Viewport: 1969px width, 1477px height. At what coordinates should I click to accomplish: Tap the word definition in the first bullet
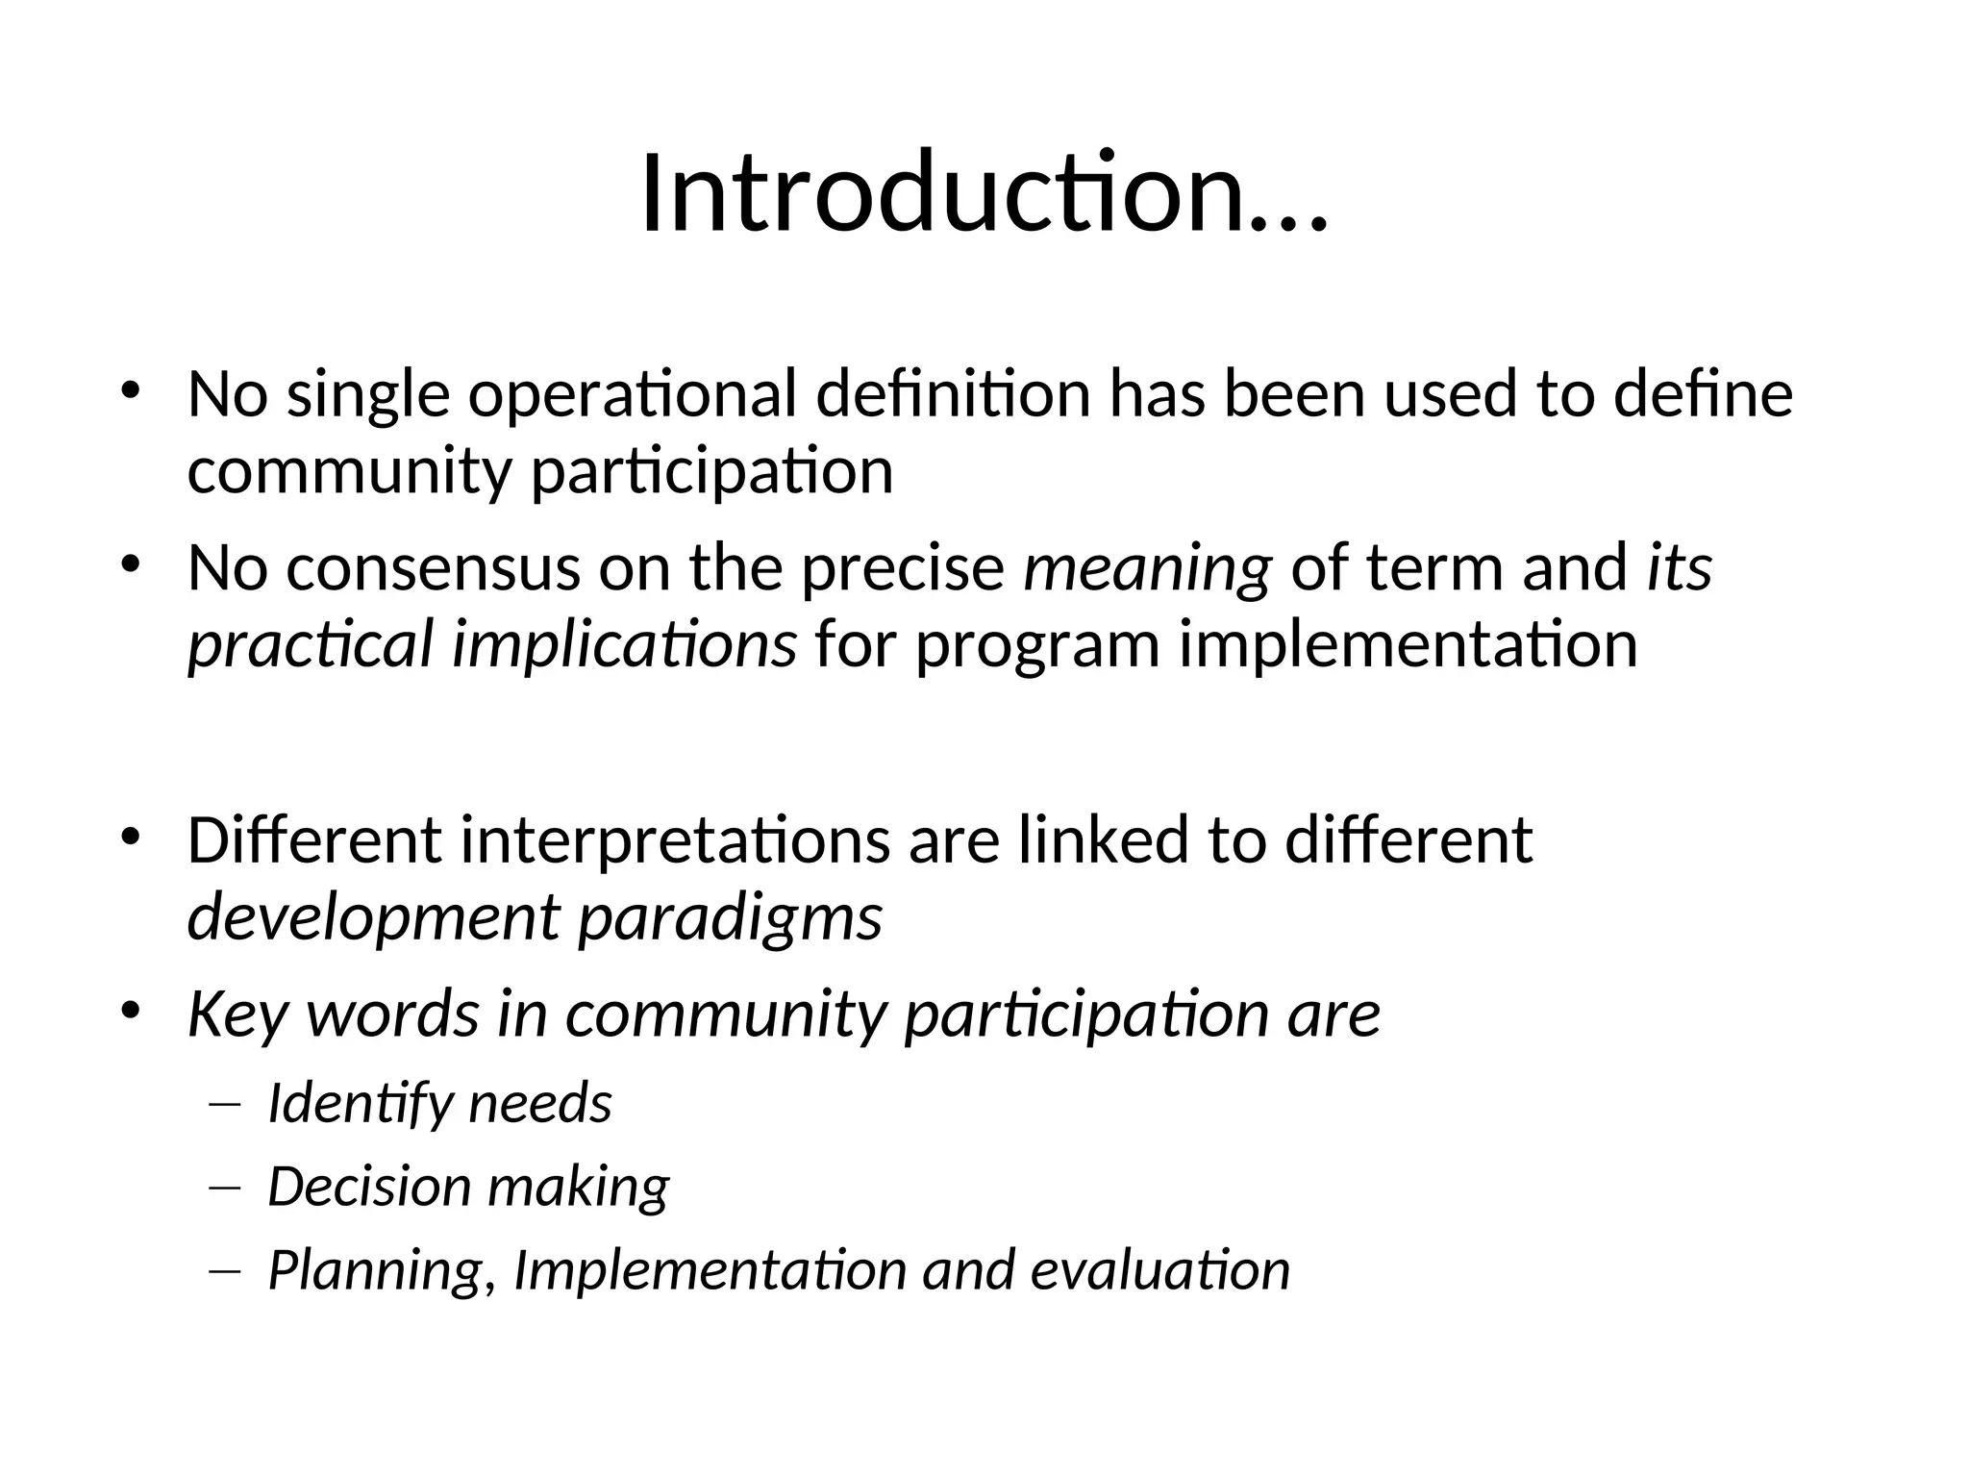coord(953,395)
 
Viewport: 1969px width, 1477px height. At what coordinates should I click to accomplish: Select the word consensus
coord(433,567)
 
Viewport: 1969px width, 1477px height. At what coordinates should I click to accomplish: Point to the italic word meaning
coord(1147,569)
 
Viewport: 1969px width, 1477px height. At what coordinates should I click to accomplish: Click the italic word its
coord(1679,567)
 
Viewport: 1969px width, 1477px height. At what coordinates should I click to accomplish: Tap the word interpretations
coord(675,840)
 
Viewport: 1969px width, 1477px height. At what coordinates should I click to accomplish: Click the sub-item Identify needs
coord(439,1104)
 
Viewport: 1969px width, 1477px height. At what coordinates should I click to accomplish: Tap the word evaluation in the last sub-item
coord(1159,1270)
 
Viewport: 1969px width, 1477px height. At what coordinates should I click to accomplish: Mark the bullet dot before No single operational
coord(131,390)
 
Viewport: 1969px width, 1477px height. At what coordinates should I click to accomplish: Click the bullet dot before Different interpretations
coord(131,836)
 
